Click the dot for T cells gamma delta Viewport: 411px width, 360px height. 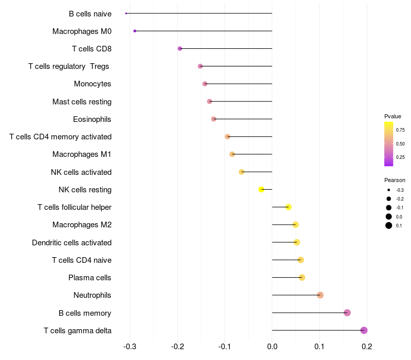(364, 330)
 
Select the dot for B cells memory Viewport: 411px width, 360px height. (347, 313)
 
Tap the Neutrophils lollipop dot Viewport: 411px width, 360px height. (320, 295)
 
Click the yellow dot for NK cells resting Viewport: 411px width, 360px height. (261, 189)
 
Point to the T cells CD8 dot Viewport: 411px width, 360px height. (180, 48)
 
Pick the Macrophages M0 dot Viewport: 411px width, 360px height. (135, 31)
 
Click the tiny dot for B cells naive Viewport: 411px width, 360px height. (126, 13)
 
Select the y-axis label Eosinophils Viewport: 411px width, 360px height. (92, 119)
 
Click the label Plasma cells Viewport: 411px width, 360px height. (90, 278)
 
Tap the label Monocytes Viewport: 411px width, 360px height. (92, 84)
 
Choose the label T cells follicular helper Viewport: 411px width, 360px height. (74, 207)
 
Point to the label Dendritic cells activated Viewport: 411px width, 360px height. (72, 242)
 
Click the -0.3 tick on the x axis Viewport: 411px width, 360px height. (129, 347)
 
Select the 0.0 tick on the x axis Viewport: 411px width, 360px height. (272, 347)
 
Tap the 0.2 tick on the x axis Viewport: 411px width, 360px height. (367, 347)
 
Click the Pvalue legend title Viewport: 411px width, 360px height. (393, 116)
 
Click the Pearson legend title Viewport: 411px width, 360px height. (395, 180)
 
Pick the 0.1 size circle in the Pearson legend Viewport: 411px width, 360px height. (389, 225)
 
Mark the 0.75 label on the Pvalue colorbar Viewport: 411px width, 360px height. (400, 130)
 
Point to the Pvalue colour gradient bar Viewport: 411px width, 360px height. (389, 144)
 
